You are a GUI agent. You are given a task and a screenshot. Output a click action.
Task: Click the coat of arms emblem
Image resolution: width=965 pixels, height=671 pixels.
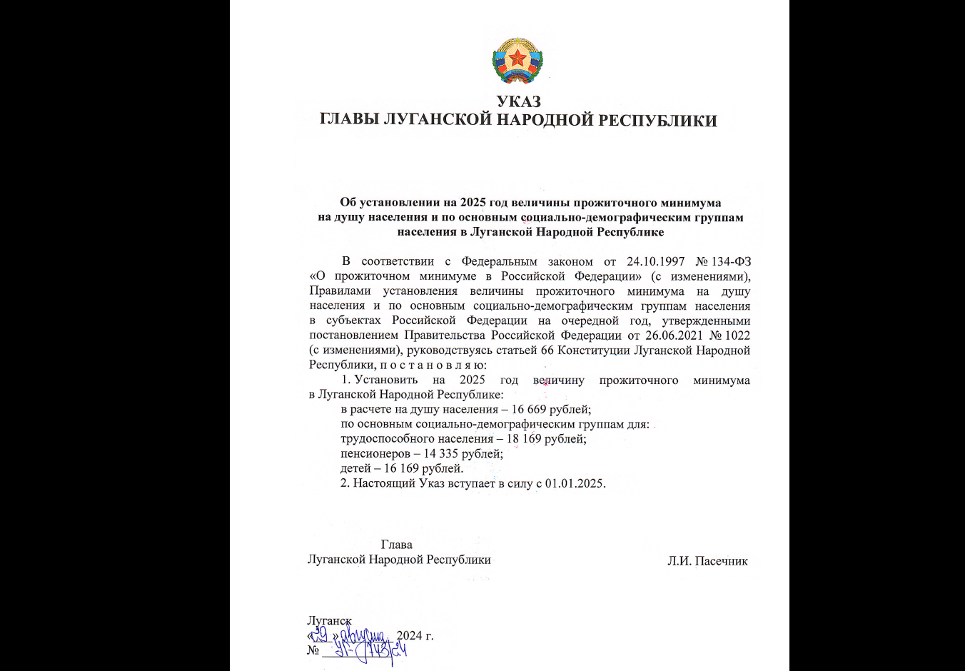(517, 61)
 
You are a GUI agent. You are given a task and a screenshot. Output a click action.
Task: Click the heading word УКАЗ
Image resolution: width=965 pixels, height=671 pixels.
(519, 101)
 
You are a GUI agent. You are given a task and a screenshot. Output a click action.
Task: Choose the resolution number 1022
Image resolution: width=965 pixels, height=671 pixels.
(737, 335)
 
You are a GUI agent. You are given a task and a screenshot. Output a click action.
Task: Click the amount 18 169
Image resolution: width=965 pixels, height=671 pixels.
(524, 438)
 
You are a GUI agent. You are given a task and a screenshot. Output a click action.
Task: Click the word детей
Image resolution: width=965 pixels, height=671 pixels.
(355, 468)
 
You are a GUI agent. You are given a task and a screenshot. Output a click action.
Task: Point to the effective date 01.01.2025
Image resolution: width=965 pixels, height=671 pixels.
(575, 483)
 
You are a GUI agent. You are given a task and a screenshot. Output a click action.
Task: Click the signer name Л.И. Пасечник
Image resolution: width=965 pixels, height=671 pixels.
(707, 561)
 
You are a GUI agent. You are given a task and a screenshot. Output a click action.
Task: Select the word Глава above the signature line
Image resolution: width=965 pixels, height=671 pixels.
(396, 545)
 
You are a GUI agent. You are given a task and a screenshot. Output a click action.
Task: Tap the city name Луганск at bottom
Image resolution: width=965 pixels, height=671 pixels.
(329, 621)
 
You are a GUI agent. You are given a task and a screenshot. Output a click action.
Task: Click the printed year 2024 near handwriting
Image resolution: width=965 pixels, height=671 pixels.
(410, 635)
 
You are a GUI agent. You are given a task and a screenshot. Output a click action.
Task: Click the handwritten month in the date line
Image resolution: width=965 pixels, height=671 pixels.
(364, 635)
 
